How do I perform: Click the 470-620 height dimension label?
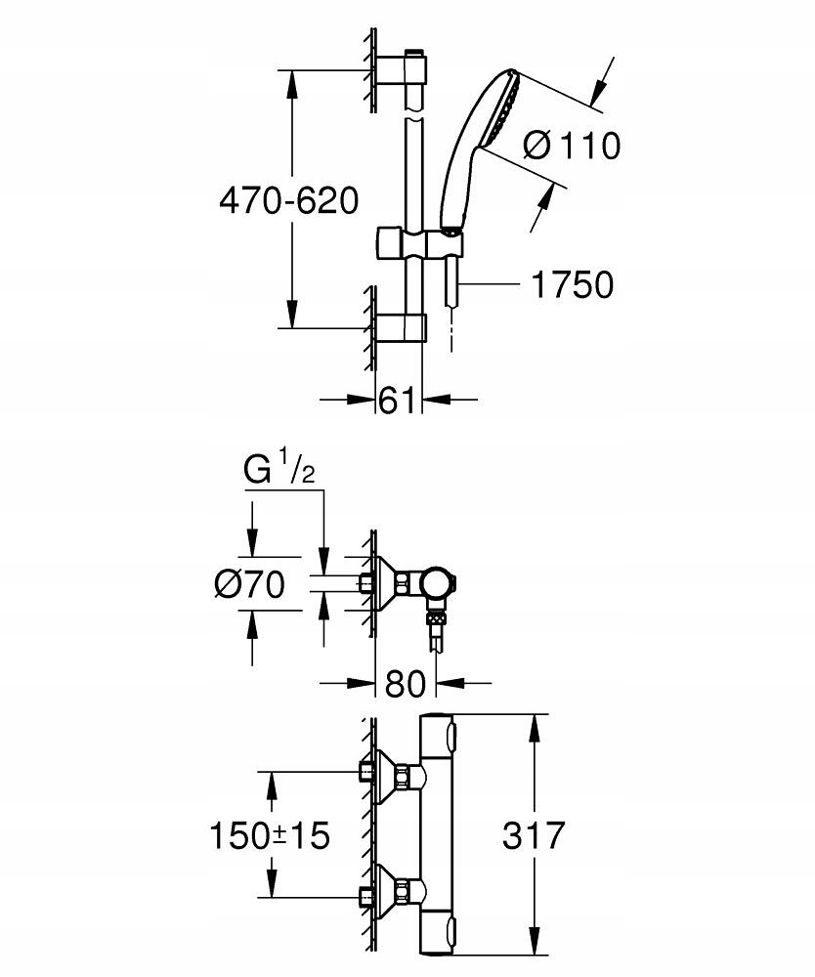(x=289, y=200)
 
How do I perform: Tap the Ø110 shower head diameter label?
(x=572, y=146)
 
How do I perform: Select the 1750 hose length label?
(x=572, y=284)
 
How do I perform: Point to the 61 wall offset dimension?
(x=397, y=400)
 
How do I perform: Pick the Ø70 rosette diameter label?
(x=249, y=584)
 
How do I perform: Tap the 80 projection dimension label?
(x=405, y=684)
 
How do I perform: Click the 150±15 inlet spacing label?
(x=269, y=835)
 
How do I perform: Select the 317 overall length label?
(x=534, y=835)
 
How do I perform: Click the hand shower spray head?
(x=499, y=110)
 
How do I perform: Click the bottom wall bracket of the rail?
(x=402, y=327)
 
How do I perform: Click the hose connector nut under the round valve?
(x=436, y=618)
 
